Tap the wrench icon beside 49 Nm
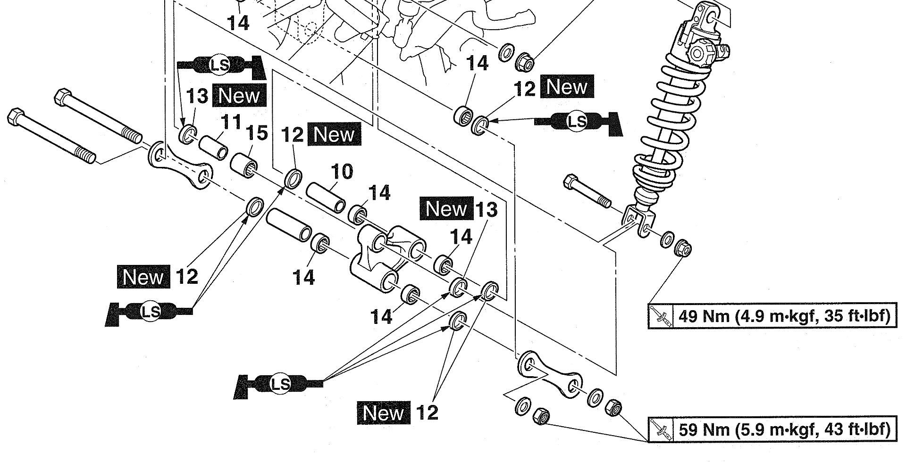pyautogui.click(x=661, y=316)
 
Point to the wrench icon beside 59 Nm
pyautogui.click(x=661, y=429)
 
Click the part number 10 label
pyautogui.click(x=342, y=172)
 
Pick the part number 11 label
pyautogui.click(x=231, y=123)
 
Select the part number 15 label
pyautogui.click(x=257, y=133)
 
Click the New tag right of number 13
pyautogui.click(x=239, y=96)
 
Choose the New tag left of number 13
pyautogui.click(x=446, y=208)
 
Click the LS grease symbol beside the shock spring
pyautogui.click(x=577, y=122)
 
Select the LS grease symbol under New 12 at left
pyautogui.click(x=151, y=311)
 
